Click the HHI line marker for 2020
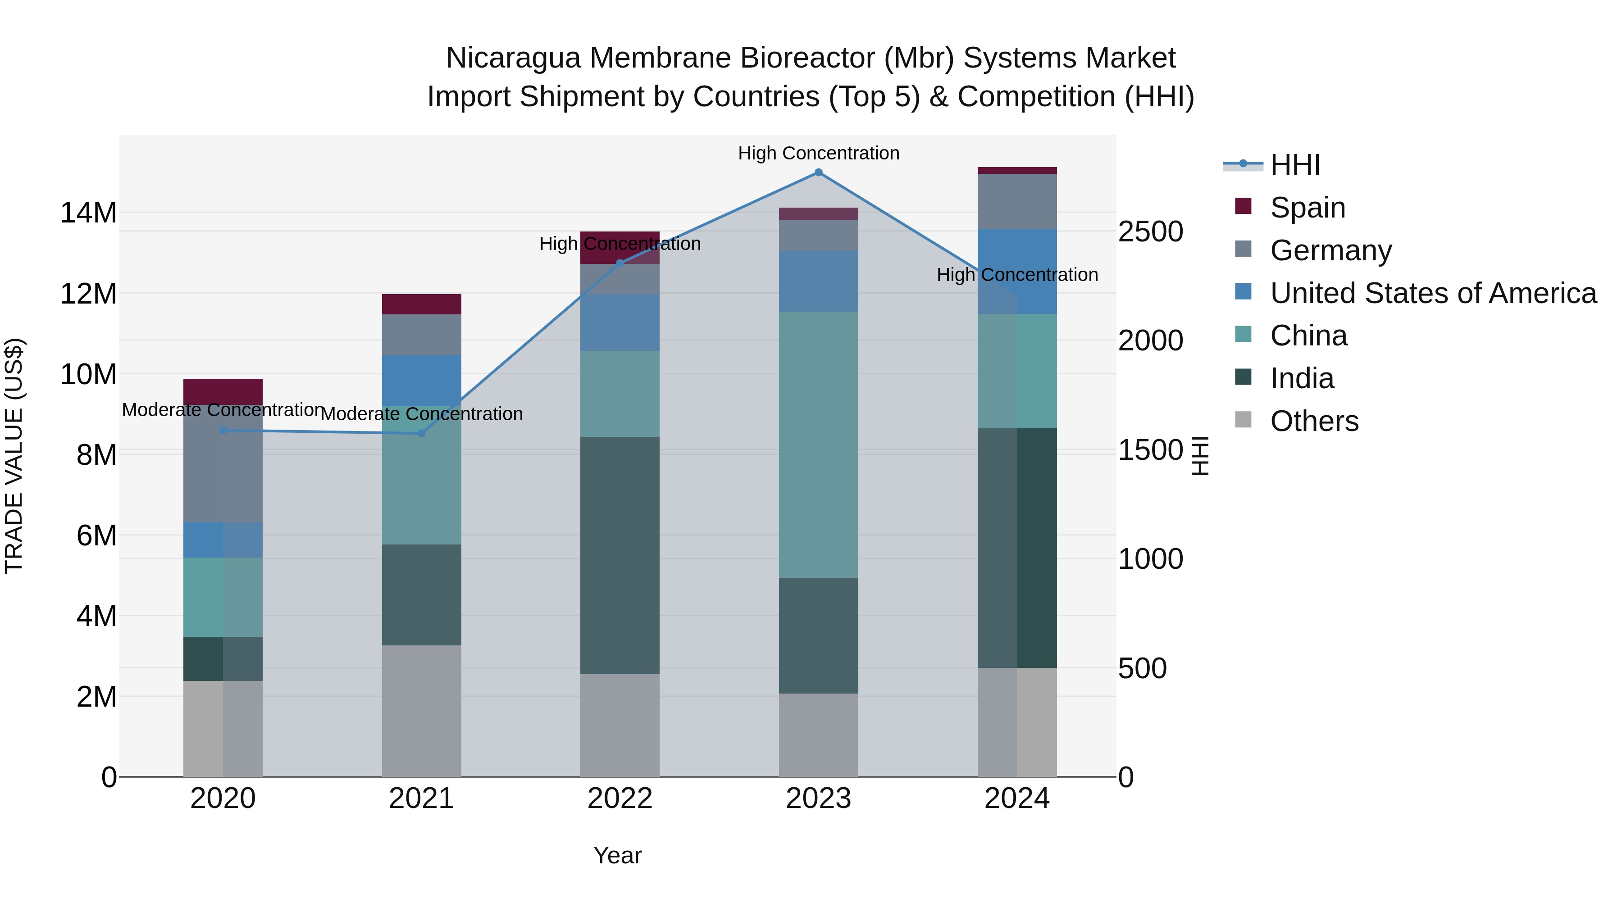pyautogui.click(x=223, y=431)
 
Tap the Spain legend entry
pyautogui.click(x=1307, y=208)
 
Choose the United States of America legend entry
pyautogui.click(x=1432, y=293)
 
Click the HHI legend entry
pyautogui.click(x=1294, y=165)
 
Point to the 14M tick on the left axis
pyautogui.click(x=88, y=213)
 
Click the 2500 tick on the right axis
pyautogui.click(x=1150, y=231)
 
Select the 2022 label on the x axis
pyautogui.click(x=620, y=799)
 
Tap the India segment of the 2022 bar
pyautogui.click(x=620, y=555)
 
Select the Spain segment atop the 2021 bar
pyautogui.click(x=421, y=304)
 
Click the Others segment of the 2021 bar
pyautogui.click(x=421, y=711)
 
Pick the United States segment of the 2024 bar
pyautogui.click(x=1017, y=271)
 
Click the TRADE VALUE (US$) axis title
pyautogui.click(x=14, y=456)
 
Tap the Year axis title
pyautogui.click(x=617, y=855)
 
